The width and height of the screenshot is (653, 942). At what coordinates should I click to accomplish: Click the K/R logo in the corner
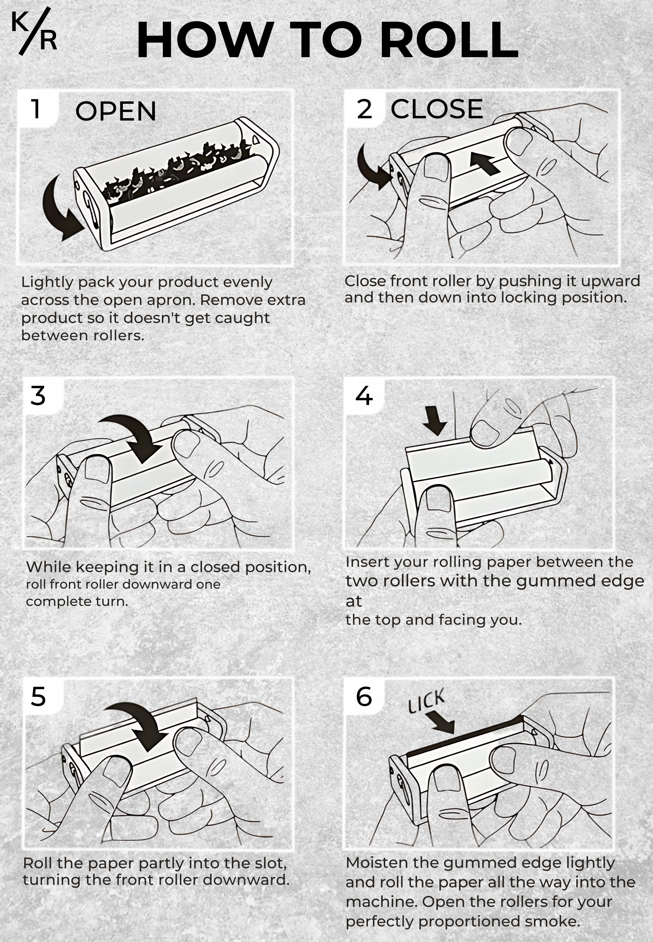tap(34, 32)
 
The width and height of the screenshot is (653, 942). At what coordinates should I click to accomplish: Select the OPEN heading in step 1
tap(116, 111)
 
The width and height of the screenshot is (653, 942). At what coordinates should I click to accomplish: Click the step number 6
tap(364, 696)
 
